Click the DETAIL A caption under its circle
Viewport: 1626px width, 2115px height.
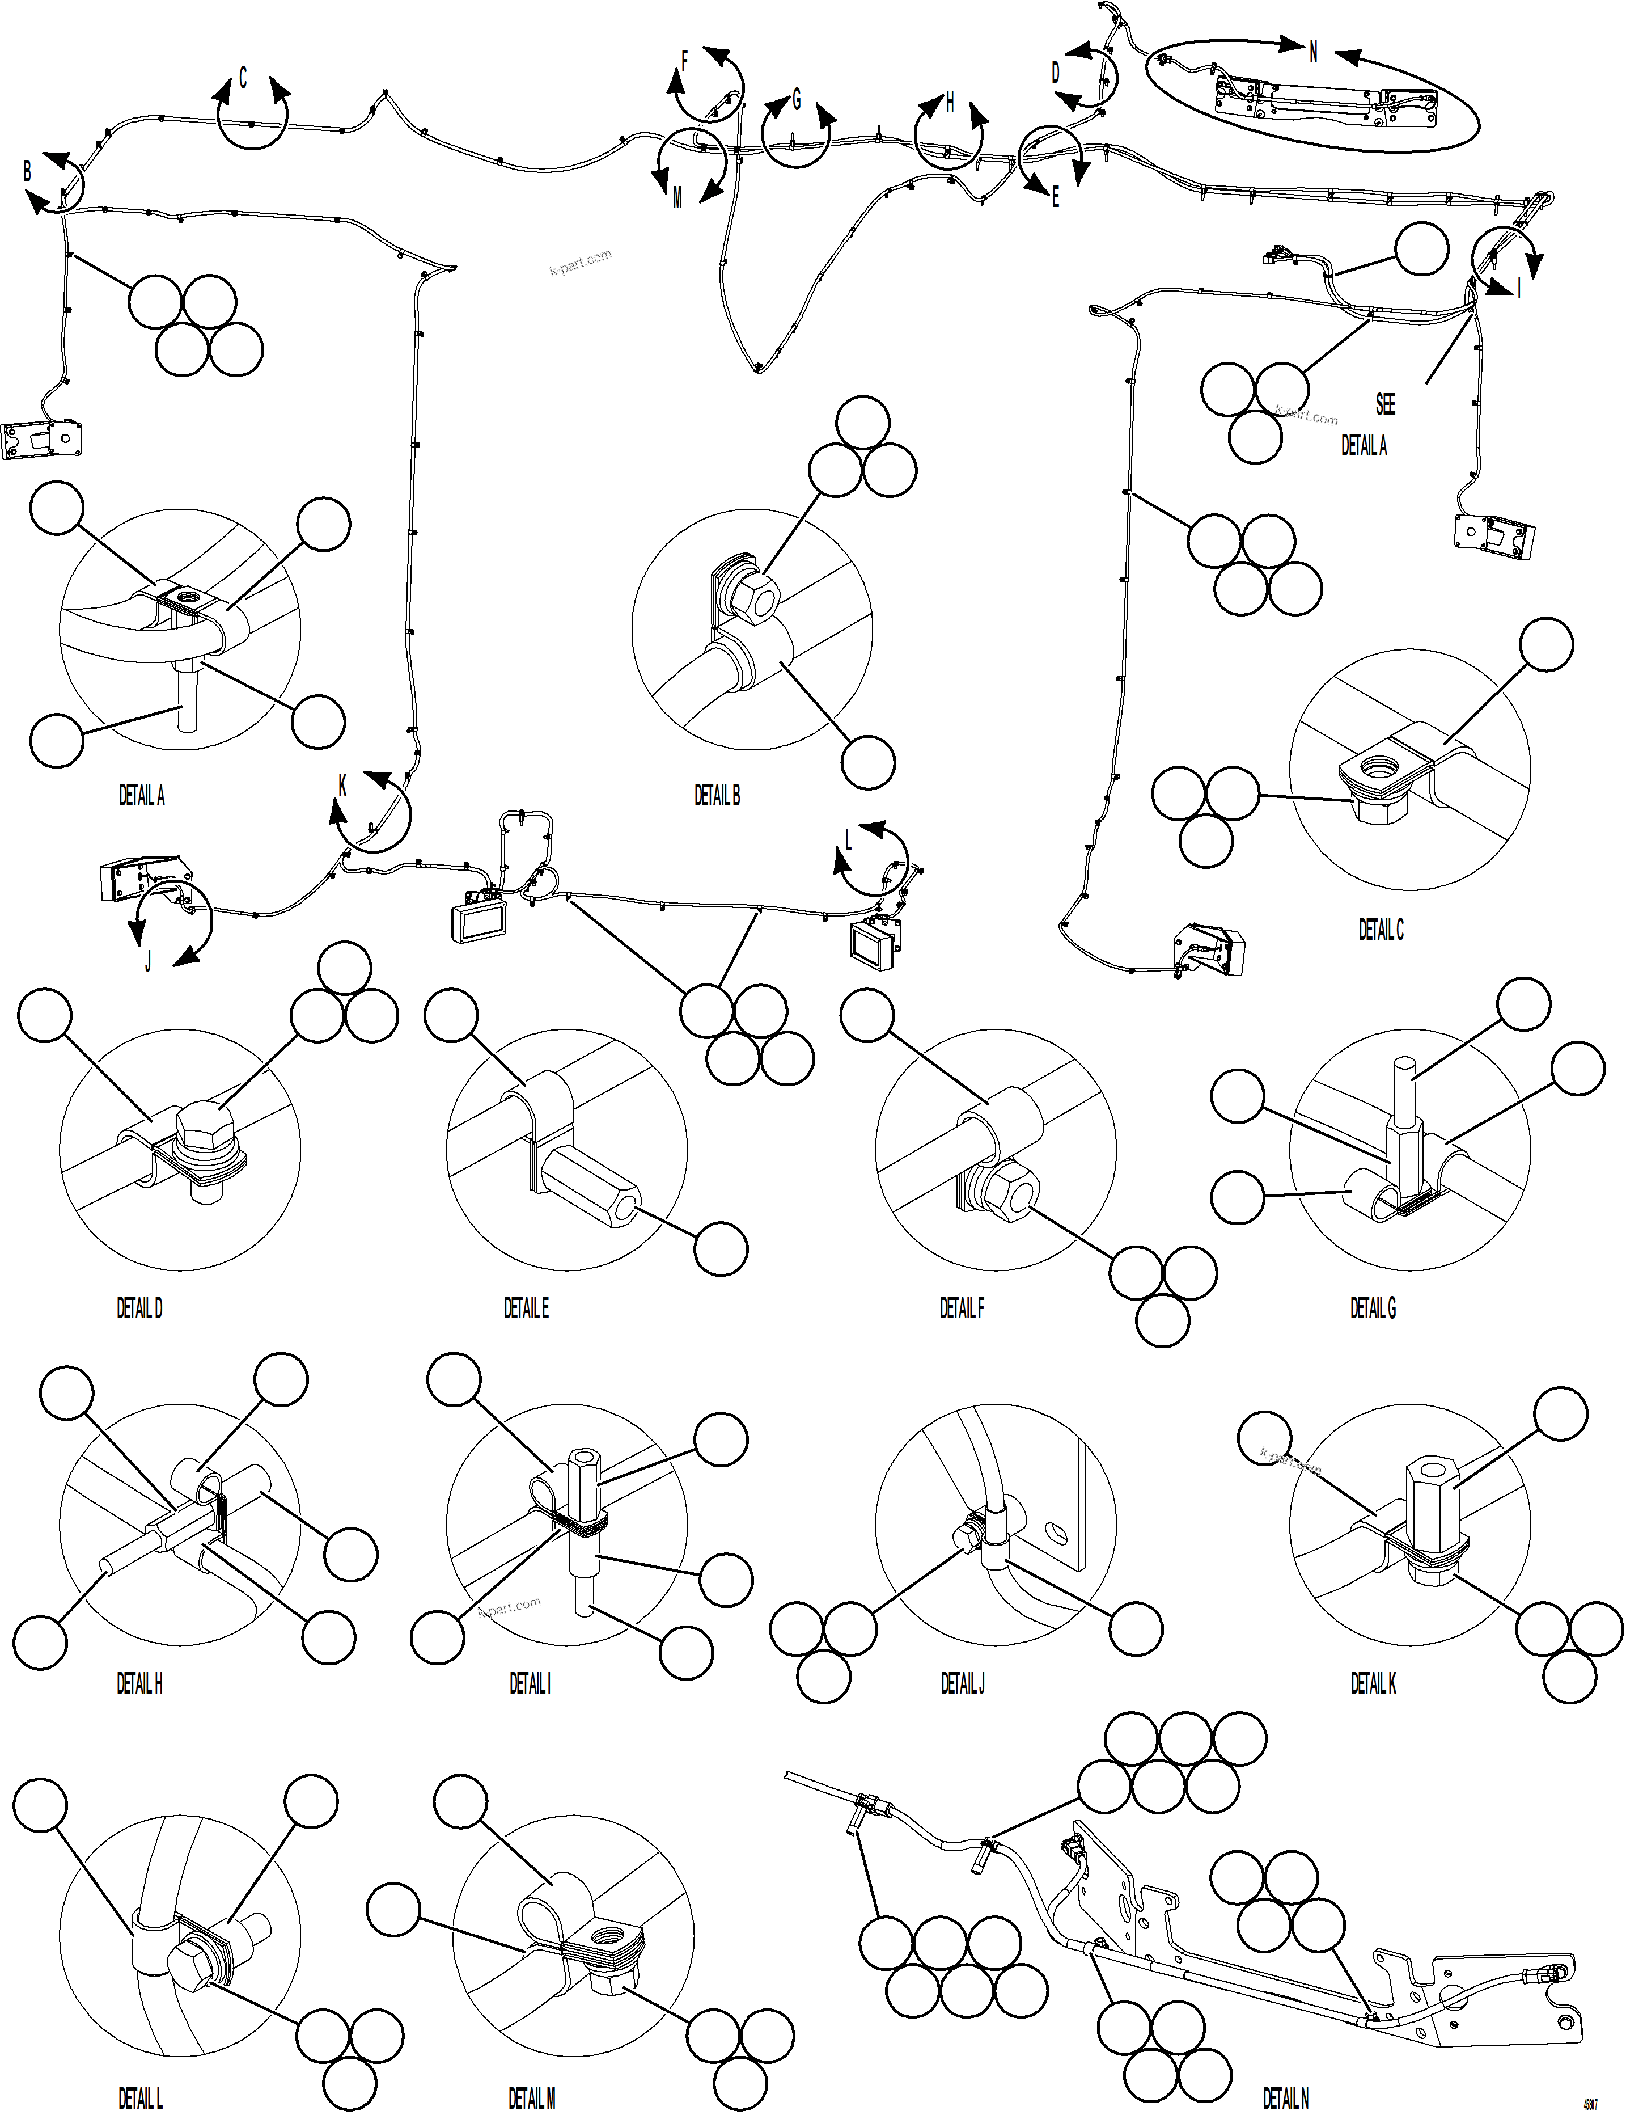(x=141, y=796)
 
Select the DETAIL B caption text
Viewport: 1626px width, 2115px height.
(x=716, y=796)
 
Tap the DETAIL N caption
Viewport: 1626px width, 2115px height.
(x=1285, y=2099)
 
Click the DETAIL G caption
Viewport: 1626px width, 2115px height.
(x=1373, y=1308)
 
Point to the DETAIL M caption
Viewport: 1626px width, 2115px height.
(x=531, y=2099)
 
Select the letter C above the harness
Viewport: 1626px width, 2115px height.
(x=243, y=78)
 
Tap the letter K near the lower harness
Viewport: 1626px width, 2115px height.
(x=342, y=786)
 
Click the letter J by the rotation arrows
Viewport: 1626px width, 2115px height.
(x=148, y=962)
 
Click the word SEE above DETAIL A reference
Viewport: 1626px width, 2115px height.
(x=1385, y=404)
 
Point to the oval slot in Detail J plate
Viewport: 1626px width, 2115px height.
(x=1058, y=1533)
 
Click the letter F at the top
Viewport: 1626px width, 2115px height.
(x=684, y=62)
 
